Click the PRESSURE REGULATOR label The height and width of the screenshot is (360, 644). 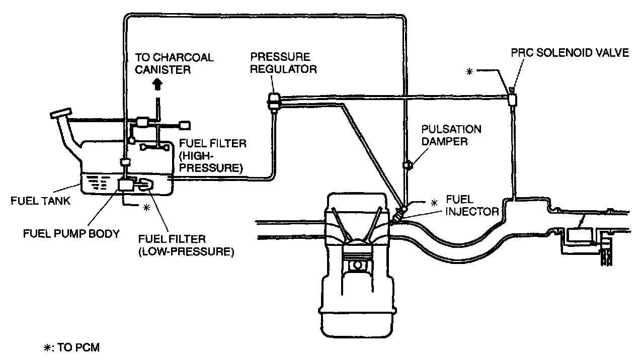284,63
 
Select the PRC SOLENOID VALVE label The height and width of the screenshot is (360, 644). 570,53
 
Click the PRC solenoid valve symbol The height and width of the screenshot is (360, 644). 512,99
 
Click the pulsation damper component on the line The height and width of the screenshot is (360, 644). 407,164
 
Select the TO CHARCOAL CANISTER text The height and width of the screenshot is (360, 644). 175,63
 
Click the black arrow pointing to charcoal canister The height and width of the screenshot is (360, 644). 157,84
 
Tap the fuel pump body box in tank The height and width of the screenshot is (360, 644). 124,185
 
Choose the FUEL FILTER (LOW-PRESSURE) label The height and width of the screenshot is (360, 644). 186,245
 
